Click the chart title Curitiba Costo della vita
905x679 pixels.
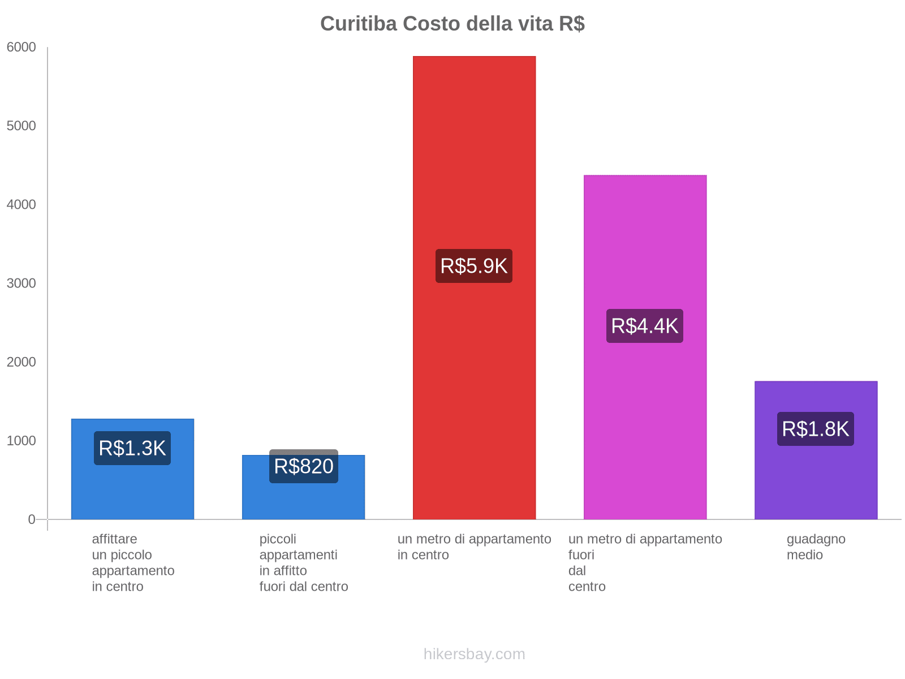452,24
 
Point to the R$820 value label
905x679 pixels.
304,467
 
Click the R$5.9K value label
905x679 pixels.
474,266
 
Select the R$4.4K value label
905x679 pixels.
645,326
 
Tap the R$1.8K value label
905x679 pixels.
816,429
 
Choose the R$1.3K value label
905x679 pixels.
132,448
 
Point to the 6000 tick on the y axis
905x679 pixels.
21,48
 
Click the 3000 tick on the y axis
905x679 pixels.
21,283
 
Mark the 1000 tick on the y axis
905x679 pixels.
21,441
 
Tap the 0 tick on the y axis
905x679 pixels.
32,519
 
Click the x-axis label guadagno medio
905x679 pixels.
816,547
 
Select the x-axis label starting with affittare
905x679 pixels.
133,563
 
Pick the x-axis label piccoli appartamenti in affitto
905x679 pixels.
304,563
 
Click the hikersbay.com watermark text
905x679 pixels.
474,654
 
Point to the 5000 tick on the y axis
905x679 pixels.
21,126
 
